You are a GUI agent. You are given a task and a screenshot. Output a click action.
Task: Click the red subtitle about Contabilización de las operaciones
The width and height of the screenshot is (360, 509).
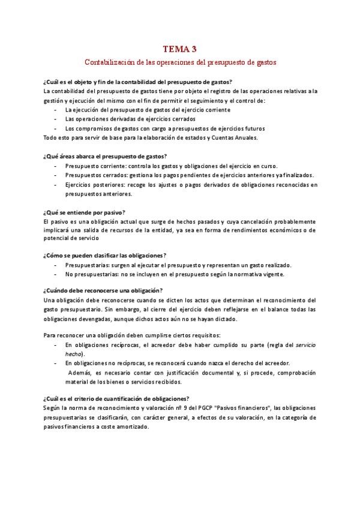coord(179,61)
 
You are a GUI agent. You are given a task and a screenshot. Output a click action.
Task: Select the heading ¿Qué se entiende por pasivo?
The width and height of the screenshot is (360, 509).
coord(84,212)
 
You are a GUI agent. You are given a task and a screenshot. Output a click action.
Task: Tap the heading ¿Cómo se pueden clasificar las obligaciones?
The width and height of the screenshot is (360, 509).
coord(106,255)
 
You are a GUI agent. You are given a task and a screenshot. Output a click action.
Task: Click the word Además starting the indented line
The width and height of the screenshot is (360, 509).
coord(79,373)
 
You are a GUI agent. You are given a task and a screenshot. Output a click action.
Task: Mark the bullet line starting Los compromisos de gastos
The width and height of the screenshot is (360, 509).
coord(165,128)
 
